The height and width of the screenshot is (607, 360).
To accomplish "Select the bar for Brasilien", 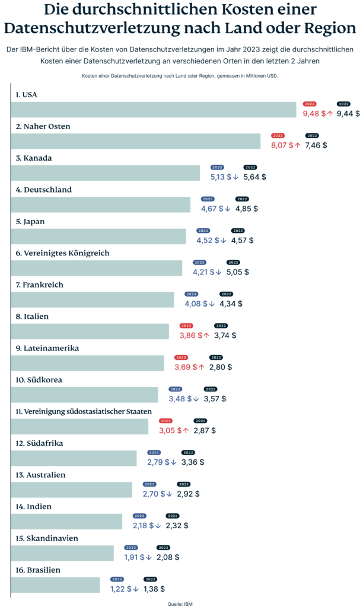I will tap(56, 585).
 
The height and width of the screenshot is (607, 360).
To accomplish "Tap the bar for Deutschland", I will tap(101, 205).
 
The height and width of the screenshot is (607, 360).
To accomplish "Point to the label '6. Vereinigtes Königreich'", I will tap(62, 253).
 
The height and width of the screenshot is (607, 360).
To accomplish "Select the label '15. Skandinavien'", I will tap(47, 538).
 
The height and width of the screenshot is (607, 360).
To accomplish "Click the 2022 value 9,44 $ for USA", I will tap(348, 113).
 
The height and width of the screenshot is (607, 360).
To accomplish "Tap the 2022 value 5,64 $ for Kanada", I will tap(254, 177).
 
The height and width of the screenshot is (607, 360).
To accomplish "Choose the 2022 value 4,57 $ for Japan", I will tap(242, 240).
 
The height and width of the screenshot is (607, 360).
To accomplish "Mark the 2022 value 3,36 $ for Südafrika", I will tap(193, 462).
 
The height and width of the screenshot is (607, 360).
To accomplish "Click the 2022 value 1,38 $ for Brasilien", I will tap(154, 589).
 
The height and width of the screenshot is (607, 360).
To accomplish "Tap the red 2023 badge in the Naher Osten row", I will tap(279, 136).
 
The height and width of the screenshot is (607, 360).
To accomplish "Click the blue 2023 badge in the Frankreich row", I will tap(191, 294).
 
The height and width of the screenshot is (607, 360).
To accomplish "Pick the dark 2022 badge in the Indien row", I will tap(173, 516).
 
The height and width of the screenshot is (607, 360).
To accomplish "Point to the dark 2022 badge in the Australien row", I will tap(184, 484).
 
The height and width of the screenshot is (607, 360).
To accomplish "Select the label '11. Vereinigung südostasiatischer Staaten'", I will tap(84, 411).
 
